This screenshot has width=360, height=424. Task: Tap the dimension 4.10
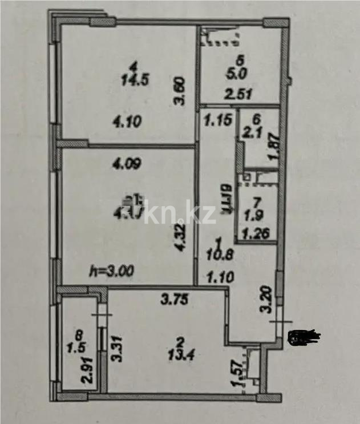pos(128,122)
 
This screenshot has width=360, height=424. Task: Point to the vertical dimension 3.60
pos(180,92)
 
